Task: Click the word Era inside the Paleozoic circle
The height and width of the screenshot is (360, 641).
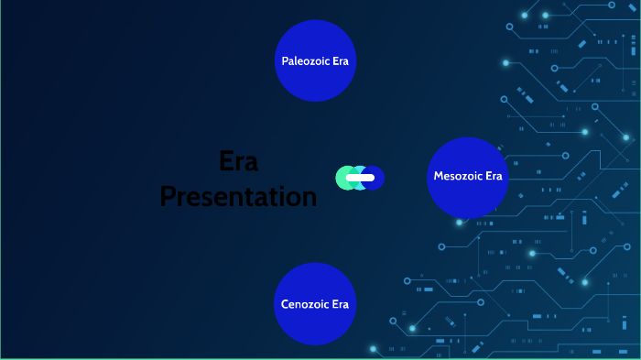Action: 341,61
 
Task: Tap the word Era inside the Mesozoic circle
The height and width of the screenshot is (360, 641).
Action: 493,176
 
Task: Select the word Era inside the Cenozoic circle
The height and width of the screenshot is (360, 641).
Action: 340,304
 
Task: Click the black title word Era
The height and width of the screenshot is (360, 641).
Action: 239,162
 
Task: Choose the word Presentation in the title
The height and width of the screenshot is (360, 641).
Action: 238,196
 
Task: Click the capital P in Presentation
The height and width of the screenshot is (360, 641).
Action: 168,196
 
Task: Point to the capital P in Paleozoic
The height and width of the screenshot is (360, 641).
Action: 284,61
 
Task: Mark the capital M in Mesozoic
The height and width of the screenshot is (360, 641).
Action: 439,176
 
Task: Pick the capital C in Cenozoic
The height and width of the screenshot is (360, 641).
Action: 284,304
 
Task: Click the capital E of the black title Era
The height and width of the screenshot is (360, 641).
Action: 226,162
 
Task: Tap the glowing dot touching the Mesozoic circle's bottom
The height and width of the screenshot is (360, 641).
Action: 467,221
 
